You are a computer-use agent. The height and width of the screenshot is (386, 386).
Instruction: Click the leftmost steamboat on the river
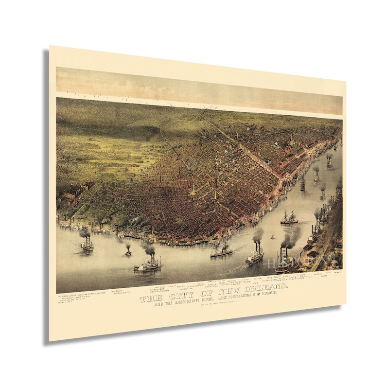(87, 245)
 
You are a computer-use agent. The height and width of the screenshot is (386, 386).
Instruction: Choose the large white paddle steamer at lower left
(147, 265)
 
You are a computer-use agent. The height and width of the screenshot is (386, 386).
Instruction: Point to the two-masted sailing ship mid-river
(289, 219)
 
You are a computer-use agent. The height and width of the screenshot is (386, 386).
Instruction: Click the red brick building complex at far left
(73, 192)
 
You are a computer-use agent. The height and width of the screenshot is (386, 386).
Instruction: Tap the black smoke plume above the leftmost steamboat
(85, 233)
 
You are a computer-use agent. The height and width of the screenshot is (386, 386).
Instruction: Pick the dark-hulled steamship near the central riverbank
(221, 252)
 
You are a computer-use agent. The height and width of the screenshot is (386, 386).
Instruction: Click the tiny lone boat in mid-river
(273, 238)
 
